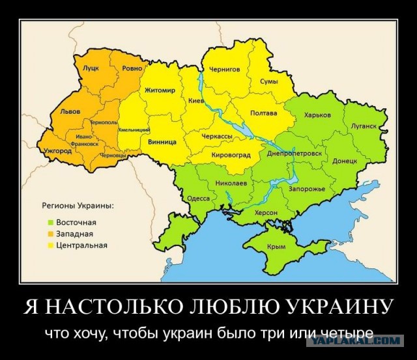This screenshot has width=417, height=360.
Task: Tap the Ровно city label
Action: pyautogui.click(x=132, y=67)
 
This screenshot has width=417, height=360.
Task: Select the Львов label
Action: pyautogui.click(x=70, y=112)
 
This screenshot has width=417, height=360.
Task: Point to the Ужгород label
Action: pyautogui.click(x=58, y=150)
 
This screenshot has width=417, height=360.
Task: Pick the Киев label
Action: pyautogui.click(x=195, y=101)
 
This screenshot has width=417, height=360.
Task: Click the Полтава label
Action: pyautogui.click(x=263, y=113)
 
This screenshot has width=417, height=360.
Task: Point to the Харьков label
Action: pyautogui.click(x=317, y=115)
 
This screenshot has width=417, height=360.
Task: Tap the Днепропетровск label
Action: pyautogui.click(x=295, y=154)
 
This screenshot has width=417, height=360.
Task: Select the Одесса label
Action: pyautogui.click(x=198, y=198)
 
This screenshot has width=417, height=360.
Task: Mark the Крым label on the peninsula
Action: pyautogui.click(x=276, y=247)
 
